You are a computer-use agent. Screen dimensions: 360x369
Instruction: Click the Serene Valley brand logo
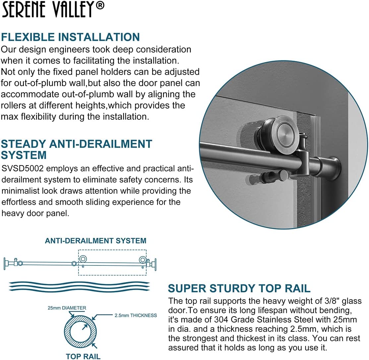pos(48,10)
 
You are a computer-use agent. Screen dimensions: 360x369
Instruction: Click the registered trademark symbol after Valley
pos(100,6)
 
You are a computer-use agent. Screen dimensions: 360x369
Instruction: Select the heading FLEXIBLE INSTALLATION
pos(70,37)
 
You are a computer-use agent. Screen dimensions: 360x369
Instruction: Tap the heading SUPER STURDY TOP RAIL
pos(239,288)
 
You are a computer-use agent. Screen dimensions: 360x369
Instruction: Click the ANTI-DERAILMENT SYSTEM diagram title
pos(95,241)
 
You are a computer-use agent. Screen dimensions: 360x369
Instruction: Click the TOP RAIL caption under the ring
pos(83,357)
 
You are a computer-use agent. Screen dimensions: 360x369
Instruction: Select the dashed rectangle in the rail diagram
pos(112,262)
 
